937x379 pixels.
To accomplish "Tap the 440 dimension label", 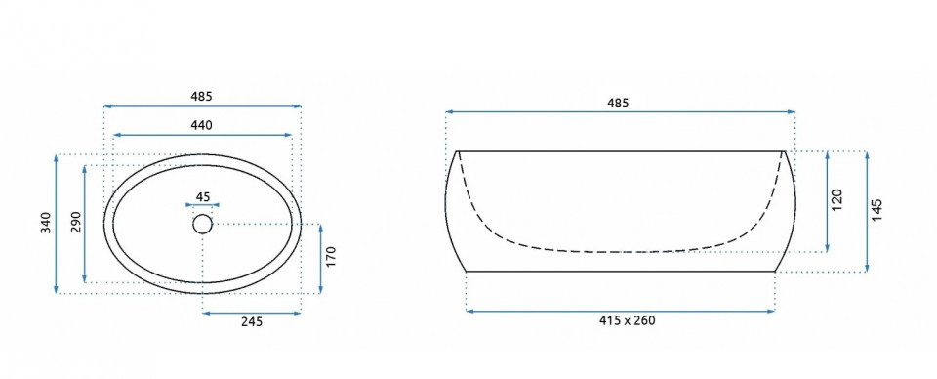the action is coord(201,125).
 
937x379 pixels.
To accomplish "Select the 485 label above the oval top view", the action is coord(201,96).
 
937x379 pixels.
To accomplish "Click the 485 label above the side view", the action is coord(618,103).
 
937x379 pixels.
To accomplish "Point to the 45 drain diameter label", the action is coord(203,196).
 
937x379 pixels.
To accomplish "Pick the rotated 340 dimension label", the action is coord(46,223).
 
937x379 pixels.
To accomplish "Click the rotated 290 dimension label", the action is coord(75,223).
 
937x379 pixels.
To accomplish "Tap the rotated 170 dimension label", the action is coord(332,257).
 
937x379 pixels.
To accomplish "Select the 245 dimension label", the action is coord(252,321).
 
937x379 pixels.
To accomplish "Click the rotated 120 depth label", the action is coord(836,199).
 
